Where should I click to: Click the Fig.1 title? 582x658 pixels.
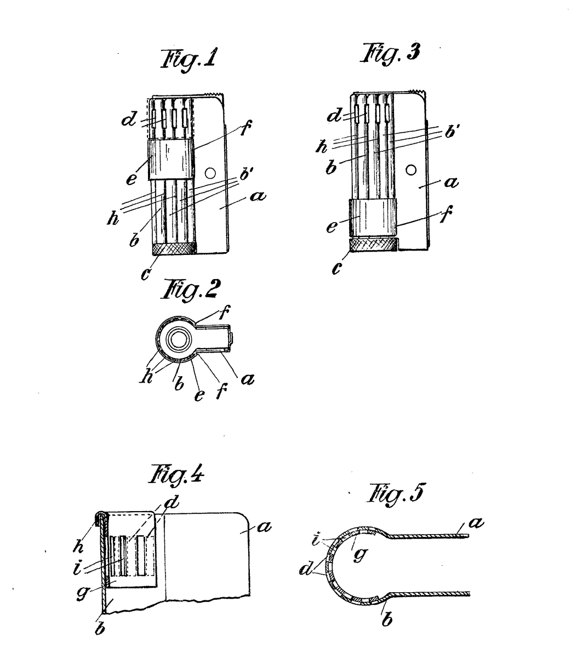click(188, 59)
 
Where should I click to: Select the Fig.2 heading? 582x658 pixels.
click(190, 290)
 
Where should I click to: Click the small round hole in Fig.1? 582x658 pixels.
click(210, 173)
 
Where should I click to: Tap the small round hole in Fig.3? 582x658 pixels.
click(411, 170)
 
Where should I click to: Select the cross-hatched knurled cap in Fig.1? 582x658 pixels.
click(174, 248)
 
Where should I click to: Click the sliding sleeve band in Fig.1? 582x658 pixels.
click(171, 160)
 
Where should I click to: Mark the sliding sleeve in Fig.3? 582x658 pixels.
click(373, 217)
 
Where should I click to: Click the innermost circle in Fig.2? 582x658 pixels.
click(178, 340)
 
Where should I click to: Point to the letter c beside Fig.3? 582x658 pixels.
click(337, 269)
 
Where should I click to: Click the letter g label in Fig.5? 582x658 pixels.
click(360, 554)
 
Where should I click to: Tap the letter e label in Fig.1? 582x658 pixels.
click(131, 179)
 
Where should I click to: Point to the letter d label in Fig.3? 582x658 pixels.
click(334, 115)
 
